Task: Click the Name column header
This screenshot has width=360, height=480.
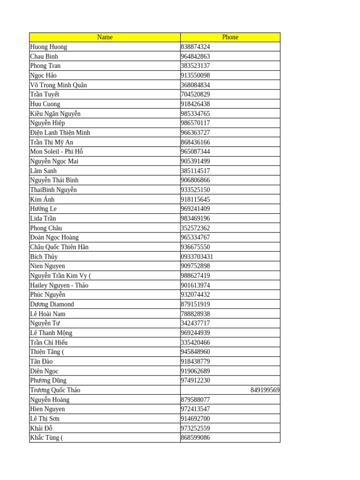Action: (105, 37)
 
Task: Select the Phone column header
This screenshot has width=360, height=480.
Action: (230, 37)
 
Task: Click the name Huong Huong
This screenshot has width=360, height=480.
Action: (49, 47)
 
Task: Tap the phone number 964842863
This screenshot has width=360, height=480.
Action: (195, 56)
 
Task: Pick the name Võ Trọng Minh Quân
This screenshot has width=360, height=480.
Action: (59, 85)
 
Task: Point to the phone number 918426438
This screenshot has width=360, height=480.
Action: (195, 104)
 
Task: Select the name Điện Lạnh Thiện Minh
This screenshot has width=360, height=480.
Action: (60, 133)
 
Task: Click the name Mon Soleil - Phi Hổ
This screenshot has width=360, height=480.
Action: (56, 151)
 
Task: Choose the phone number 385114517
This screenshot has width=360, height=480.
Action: (195, 171)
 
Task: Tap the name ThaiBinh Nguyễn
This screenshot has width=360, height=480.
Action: (53, 190)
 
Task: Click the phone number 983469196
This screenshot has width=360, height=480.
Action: (195, 218)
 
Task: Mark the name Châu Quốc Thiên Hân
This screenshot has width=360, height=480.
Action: (59, 247)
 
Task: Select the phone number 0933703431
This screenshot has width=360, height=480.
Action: (197, 256)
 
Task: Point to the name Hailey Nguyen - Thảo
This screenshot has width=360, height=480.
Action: (59, 285)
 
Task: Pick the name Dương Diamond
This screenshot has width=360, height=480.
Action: (52, 304)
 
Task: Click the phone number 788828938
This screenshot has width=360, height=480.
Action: (195, 314)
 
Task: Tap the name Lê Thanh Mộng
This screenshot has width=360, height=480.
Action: (51, 333)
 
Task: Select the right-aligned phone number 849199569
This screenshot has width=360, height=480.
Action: (265, 390)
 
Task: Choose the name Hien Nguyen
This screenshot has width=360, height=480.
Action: (47, 409)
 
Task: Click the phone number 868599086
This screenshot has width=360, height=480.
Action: (195, 438)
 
